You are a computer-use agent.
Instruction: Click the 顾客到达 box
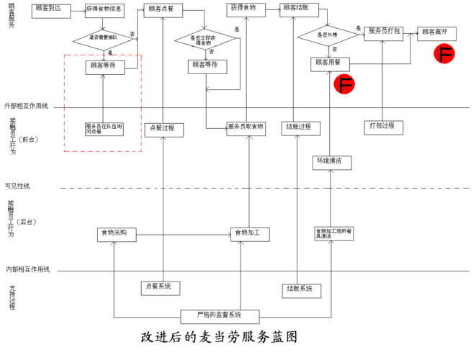tap(50, 9)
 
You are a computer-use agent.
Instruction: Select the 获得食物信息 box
tap(104, 11)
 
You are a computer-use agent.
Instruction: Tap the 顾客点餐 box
tap(164, 10)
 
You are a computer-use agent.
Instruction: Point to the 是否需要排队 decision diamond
tap(104, 37)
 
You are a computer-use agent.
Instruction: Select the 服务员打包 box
tap(385, 32)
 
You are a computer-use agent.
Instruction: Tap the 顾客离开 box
tap(436, 32)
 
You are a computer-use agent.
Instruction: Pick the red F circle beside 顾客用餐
tap(345, 85)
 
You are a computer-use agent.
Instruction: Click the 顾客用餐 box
tap(330, 63)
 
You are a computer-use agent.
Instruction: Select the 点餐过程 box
tap(164, 129)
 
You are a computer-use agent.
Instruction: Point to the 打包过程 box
tap(382, 127)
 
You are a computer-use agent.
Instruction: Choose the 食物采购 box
tap(116, 233)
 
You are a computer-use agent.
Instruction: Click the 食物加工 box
tap(250, 233)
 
